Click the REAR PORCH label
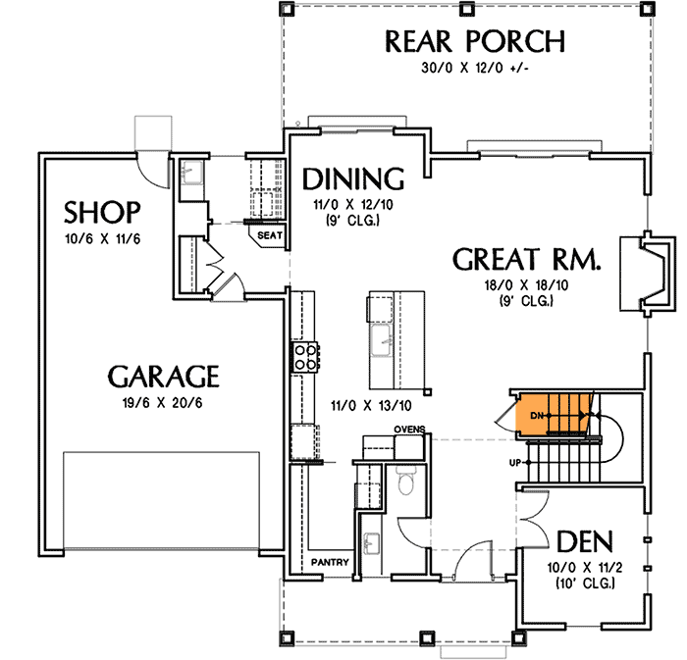click(474, 42)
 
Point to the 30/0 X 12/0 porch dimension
click(474, 71)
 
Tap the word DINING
click(353, 179)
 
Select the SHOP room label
click(102, 212)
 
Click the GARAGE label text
click(163, 377)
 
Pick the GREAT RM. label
click(526, 260)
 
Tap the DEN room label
click(585, 542)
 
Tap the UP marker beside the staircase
click(514, 462)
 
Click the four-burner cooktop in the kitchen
click(304, 356)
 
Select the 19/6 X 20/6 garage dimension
click(163, 402)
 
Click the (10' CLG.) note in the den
click(585, 584)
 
